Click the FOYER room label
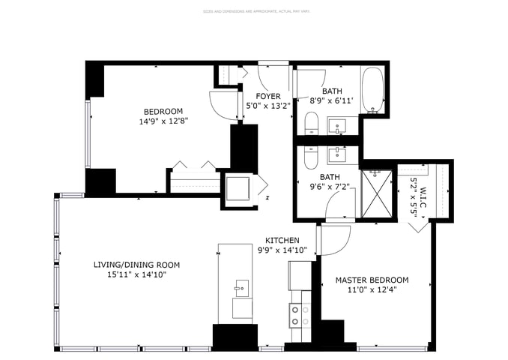tap(268, 96)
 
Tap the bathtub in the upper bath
tap(372, 91)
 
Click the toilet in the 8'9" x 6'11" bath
tap(312, 124)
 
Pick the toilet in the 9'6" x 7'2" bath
tap(312, 156)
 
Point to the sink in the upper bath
tap(339, 125)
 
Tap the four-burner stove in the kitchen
tap(300, 316)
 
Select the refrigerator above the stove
tap(300, 277)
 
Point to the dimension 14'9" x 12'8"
tap(163, 120)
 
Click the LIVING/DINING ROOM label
tap(136, 265)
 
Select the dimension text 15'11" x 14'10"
tap(136, 275)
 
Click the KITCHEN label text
tap(282, 240)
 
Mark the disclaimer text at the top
tap(254, 11)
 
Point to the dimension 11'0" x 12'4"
tap(372, 289)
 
